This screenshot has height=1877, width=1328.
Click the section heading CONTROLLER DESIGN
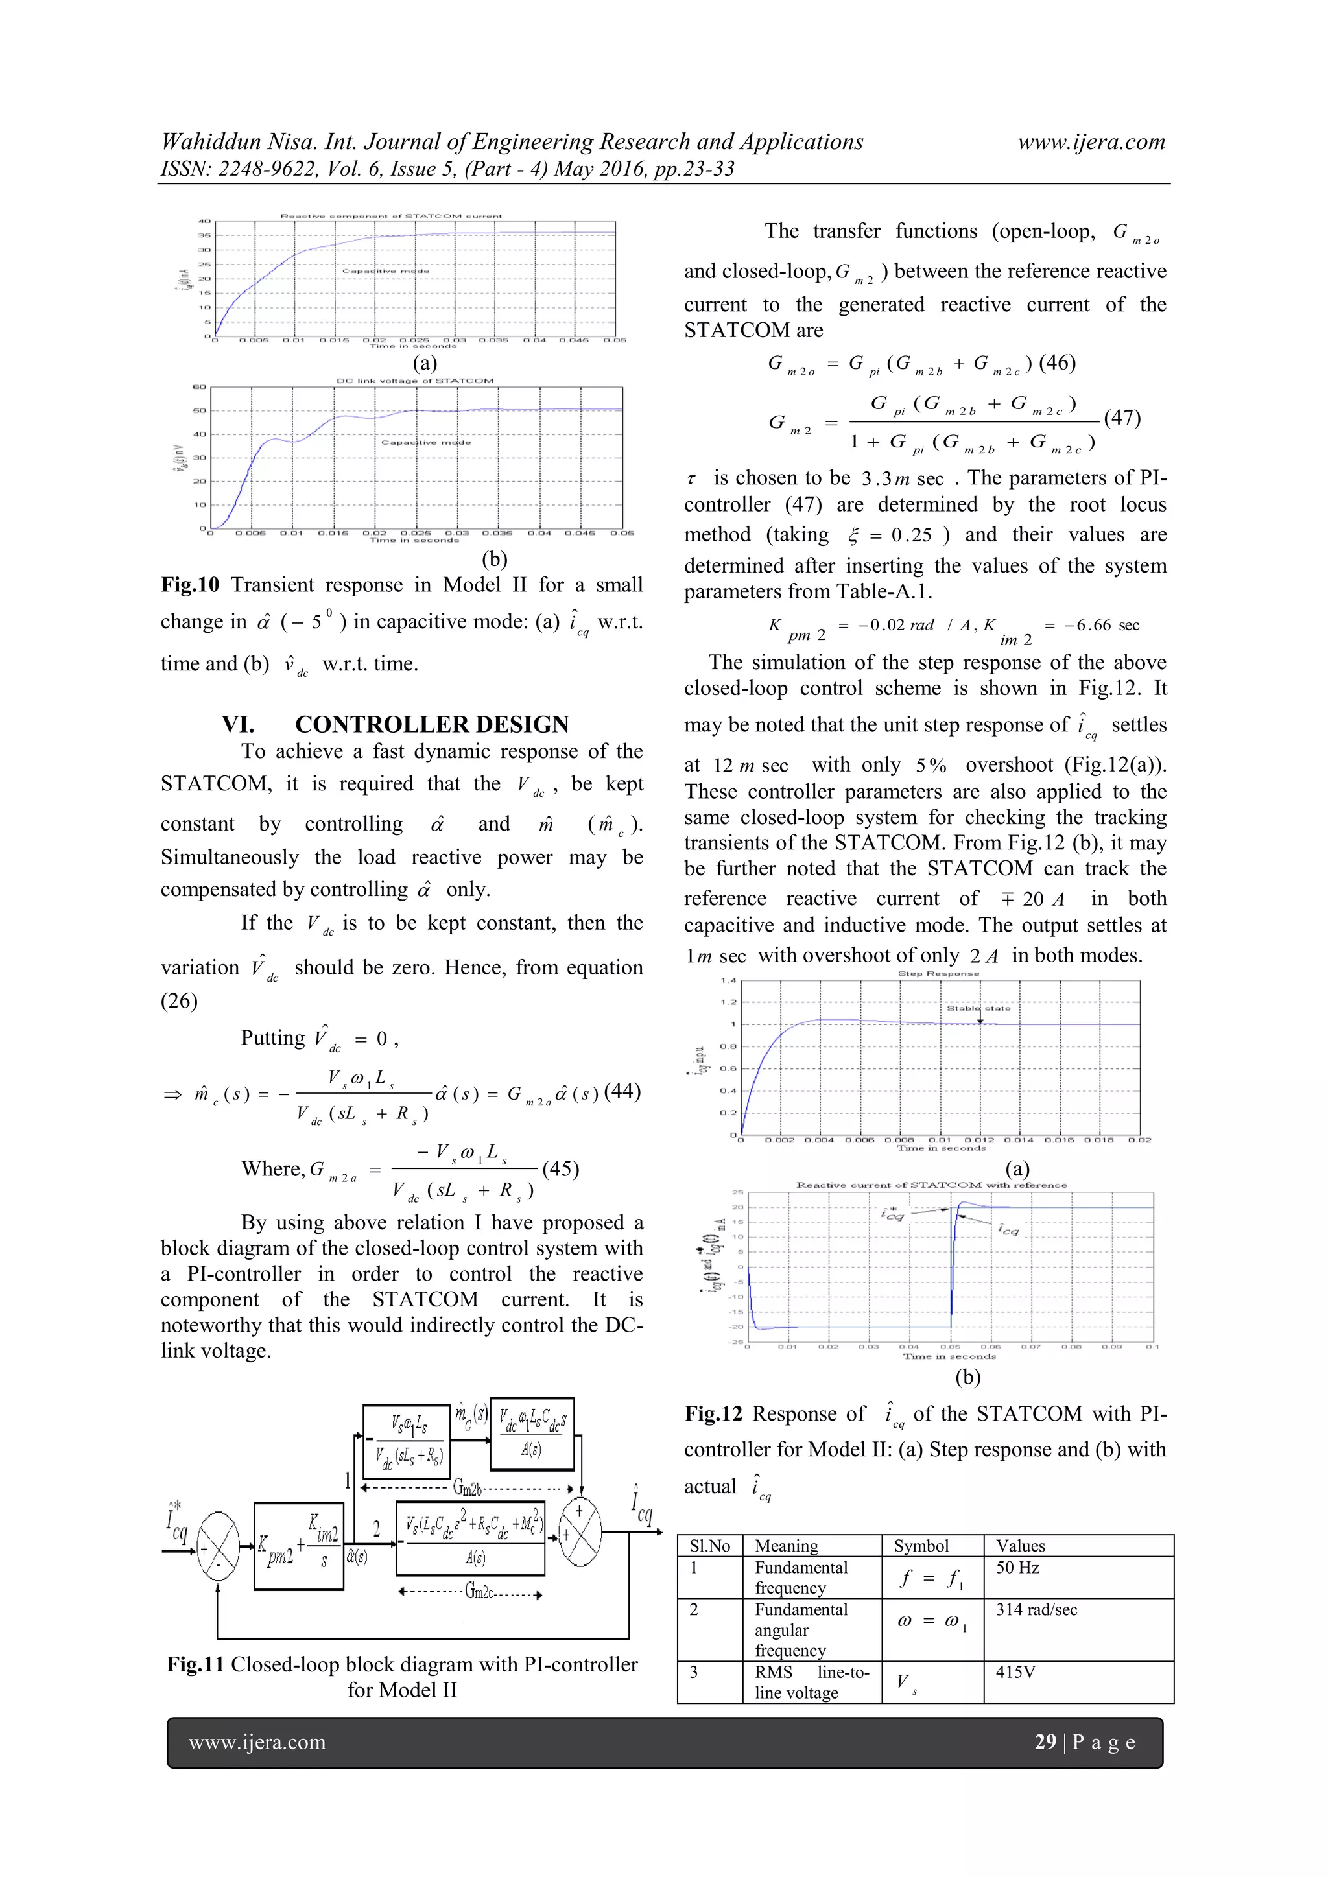coord(432,724)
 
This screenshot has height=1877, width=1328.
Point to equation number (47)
coord(1122,418)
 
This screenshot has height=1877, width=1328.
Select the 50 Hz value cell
coord(1017,1567)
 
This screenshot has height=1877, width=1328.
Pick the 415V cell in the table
coord(1015,1672)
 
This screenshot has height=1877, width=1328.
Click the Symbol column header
coord(921,1546)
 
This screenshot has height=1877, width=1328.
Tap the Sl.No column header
coord(708,1546)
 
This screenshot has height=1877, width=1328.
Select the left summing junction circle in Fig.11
coord(217,1546)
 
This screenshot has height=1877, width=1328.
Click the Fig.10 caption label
coord(191,585)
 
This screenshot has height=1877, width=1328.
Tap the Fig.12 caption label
coord(713,1414)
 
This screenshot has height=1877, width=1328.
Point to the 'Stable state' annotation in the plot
coord(978,1008)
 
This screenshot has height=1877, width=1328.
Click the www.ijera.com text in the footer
coord(257,1742)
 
